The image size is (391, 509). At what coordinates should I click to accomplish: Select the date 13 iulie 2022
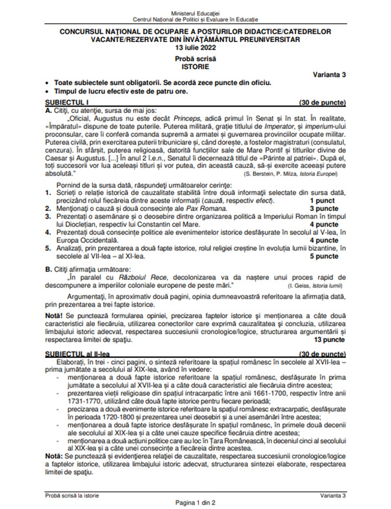coord(195,48)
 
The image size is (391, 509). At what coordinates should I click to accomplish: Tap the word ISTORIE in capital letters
coord(195,66)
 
